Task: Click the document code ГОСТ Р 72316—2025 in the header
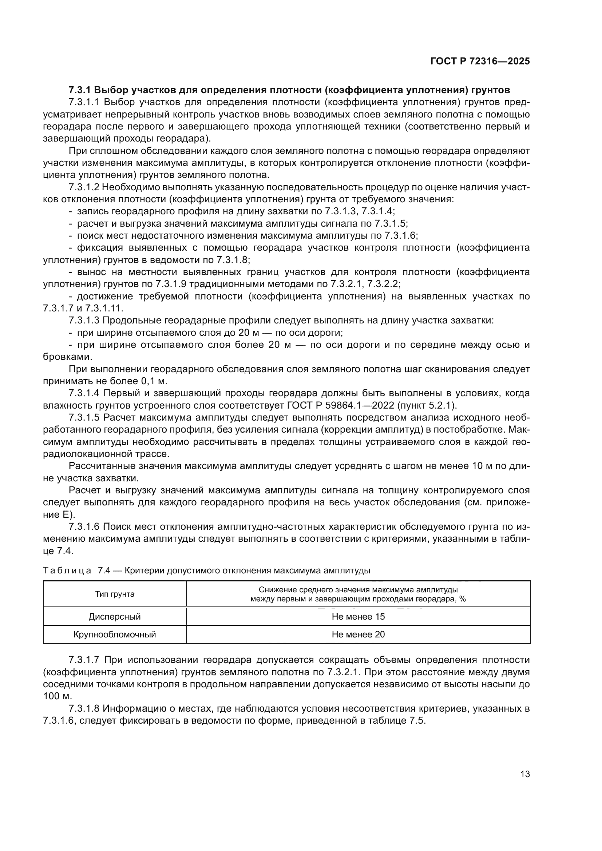[480, 61]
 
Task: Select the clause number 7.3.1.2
[84, 187]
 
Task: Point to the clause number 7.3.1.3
[84, 321]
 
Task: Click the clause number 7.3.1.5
[84, 418]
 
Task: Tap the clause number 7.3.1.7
[84, 660]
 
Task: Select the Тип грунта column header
[115, 594]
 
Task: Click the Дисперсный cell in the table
[115, 617]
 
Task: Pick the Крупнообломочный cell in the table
[115, 635]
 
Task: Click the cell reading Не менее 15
[358, 617]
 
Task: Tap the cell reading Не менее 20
[358, 635]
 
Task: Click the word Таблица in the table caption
[67, 571]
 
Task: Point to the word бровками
[67, 357]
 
